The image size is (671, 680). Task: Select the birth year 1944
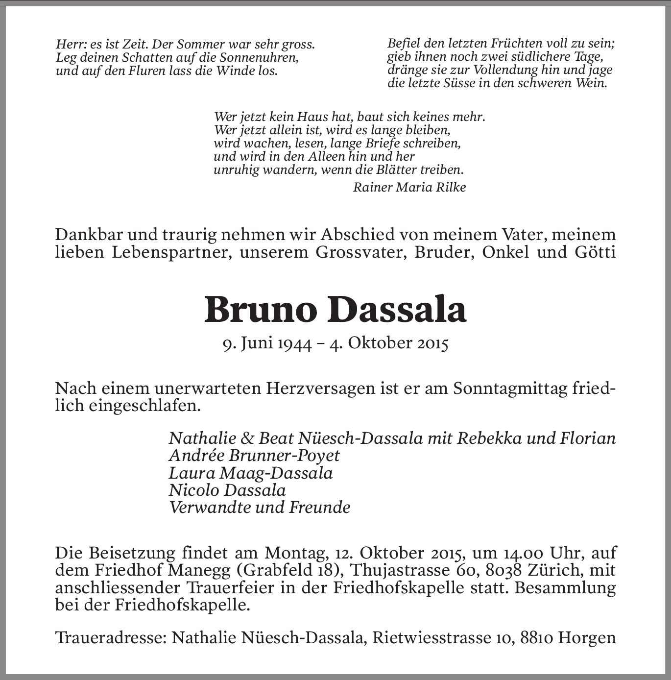pos(295,343)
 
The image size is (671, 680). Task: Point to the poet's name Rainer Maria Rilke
pos(409,187)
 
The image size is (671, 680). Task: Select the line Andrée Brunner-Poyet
pos(254,456)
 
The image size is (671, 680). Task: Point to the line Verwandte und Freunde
pos(260,507)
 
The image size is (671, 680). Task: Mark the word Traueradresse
pos(110,638)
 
